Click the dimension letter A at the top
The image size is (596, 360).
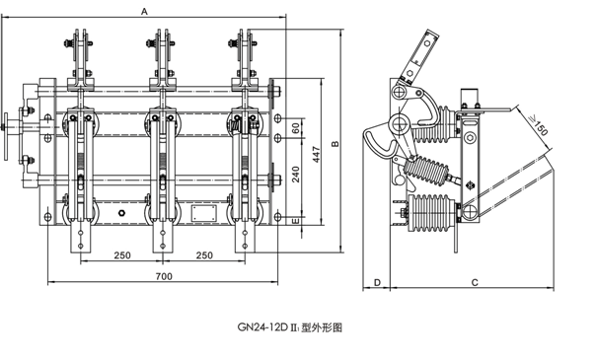(144, 12)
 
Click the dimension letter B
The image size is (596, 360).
(335, 144)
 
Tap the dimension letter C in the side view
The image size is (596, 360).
(475, 282)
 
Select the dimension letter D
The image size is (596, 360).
(377, 282)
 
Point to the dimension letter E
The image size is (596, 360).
(296, 221)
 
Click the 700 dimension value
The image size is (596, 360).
(164, 276)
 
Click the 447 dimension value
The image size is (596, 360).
(316, 155)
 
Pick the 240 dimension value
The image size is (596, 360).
(296, 174)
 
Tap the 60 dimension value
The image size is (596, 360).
(296, 128)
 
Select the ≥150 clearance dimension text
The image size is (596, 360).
(537, 124)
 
